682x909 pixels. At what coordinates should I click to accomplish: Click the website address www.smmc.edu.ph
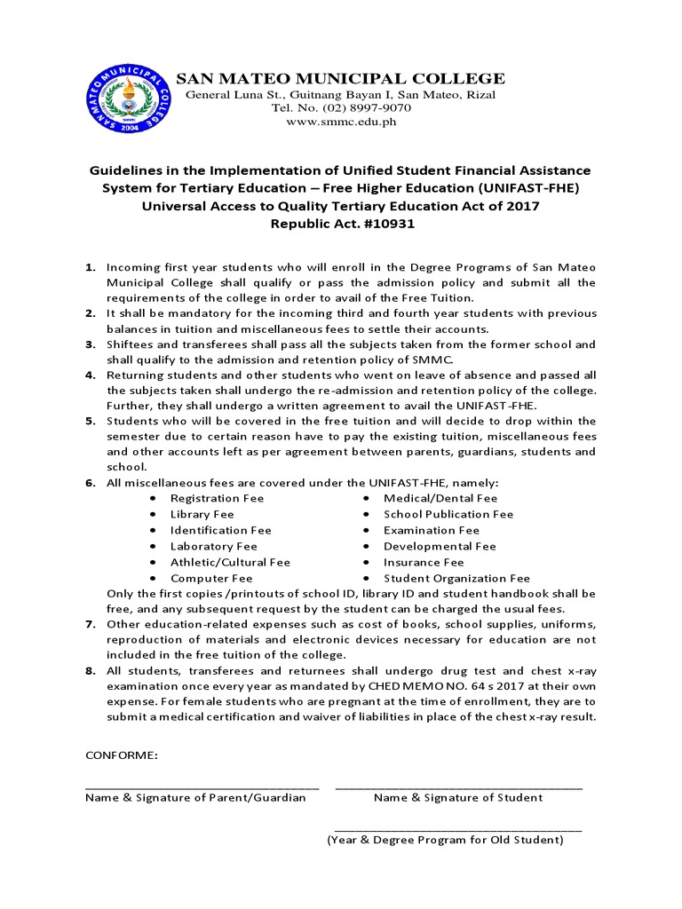click(340, 122)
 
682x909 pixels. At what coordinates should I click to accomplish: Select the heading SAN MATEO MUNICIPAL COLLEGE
click(340, 79)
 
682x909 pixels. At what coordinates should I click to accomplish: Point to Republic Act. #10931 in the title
click(342, 224)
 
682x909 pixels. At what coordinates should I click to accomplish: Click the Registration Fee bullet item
click(217, 498)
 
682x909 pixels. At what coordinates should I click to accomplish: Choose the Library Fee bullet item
click(202, 514)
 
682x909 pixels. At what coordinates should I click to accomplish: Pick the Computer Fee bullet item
click(211, 578)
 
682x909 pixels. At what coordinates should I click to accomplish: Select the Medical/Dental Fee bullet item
click(440, 498)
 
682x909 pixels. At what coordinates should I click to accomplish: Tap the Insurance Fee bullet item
click(424, 562)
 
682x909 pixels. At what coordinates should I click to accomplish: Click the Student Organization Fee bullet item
click(456, 578)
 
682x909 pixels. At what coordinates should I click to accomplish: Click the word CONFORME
click(122, 755)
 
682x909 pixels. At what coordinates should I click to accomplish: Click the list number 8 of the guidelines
click(90, 671)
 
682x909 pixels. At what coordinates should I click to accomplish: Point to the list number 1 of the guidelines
click(90, 267)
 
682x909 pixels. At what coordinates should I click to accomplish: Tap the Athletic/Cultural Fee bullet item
click(230, 562)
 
